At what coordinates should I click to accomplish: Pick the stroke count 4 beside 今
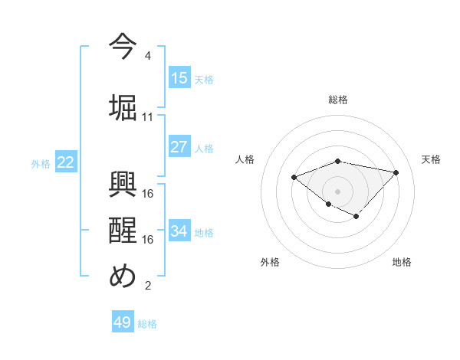147,56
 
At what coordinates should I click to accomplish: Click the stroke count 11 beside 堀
148,117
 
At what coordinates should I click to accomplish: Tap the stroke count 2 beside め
147,286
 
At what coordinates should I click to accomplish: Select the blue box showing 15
179,78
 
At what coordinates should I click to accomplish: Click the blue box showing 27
179,147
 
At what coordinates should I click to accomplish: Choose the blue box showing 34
179,231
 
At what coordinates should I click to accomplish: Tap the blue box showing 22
66,162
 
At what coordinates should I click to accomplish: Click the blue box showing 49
123,322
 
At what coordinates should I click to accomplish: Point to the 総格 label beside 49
147,324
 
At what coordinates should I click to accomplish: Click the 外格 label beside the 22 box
41,163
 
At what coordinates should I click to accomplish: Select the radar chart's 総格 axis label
338,100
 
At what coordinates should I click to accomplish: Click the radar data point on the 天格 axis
396,172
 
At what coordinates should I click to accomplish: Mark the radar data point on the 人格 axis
294,177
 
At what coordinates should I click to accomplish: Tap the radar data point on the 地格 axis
356,217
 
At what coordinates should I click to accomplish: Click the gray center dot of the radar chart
338,191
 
